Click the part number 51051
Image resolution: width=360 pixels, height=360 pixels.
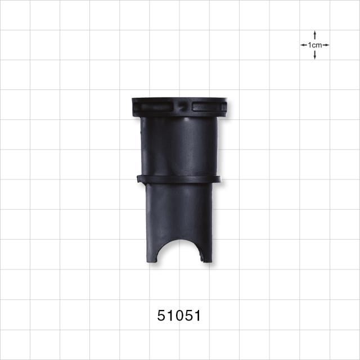pyautogui.click(x=179, y=316)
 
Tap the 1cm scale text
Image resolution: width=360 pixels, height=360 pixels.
pyautogui.click(x=315, y=45)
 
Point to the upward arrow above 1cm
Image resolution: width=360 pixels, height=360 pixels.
pyautogui.click(x=315, y=35)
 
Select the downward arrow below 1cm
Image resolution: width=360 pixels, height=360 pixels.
pyautogui.click(x=315, y=55)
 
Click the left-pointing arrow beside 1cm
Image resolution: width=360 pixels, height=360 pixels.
pyautogui.click(x=304, y=45)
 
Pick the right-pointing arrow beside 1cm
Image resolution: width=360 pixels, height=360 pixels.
pyautogui.click(x=326, y=45)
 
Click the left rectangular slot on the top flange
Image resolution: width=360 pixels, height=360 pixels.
pyautogui.click(x=156, y=107)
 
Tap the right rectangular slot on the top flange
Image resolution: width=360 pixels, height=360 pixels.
pyautogui.click(x=206, y=107)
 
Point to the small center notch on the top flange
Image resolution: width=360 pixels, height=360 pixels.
pyautogui.click(x=182, y=106)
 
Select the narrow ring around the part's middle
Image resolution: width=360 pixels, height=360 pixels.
pyautogui.click(x=179, y=179)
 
